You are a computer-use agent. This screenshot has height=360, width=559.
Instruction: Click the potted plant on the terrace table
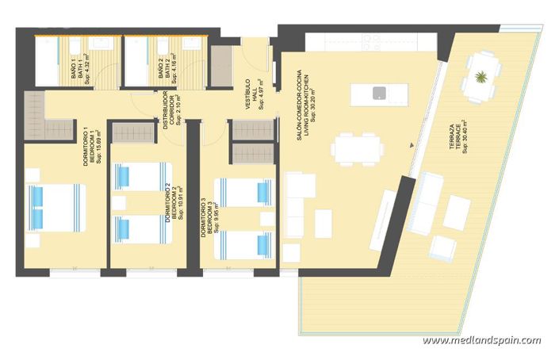tap(481, 77)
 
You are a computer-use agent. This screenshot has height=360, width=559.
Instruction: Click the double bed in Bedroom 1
tap(56, 208)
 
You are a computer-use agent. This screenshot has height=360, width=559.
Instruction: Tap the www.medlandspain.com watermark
tap(481, 341)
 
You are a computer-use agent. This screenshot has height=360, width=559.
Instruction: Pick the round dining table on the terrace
tap(481, 77)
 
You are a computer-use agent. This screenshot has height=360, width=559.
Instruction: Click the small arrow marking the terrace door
tap(412, 145)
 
